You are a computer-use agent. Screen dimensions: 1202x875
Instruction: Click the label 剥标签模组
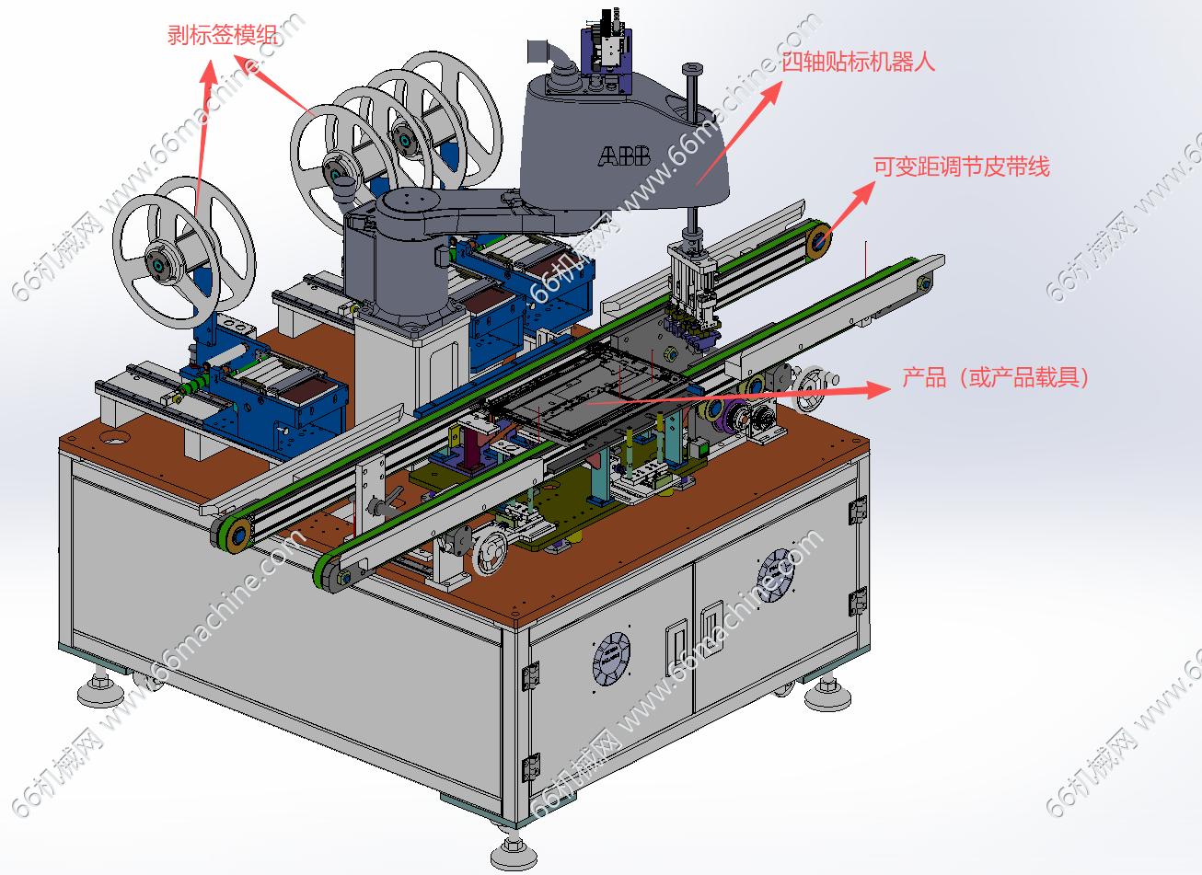223,35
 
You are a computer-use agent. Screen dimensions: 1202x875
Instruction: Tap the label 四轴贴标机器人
858,62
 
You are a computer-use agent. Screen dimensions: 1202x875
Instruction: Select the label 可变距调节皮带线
961,167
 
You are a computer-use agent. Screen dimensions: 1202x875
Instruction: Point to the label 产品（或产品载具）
996,377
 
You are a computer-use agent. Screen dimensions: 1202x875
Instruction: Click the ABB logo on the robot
624,156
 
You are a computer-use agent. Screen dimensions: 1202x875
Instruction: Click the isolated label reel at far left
182,251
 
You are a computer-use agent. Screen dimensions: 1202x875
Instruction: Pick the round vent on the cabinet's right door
776,576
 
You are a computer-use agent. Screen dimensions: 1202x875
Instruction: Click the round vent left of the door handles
611,659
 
